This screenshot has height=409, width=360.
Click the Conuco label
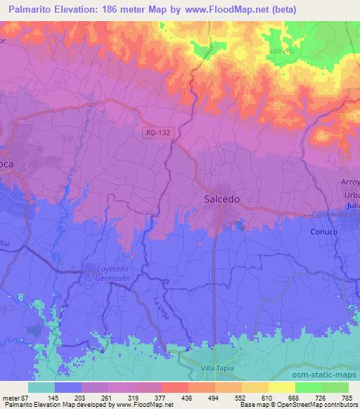click(324, 231)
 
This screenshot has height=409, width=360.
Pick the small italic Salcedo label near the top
click(282, 51)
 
